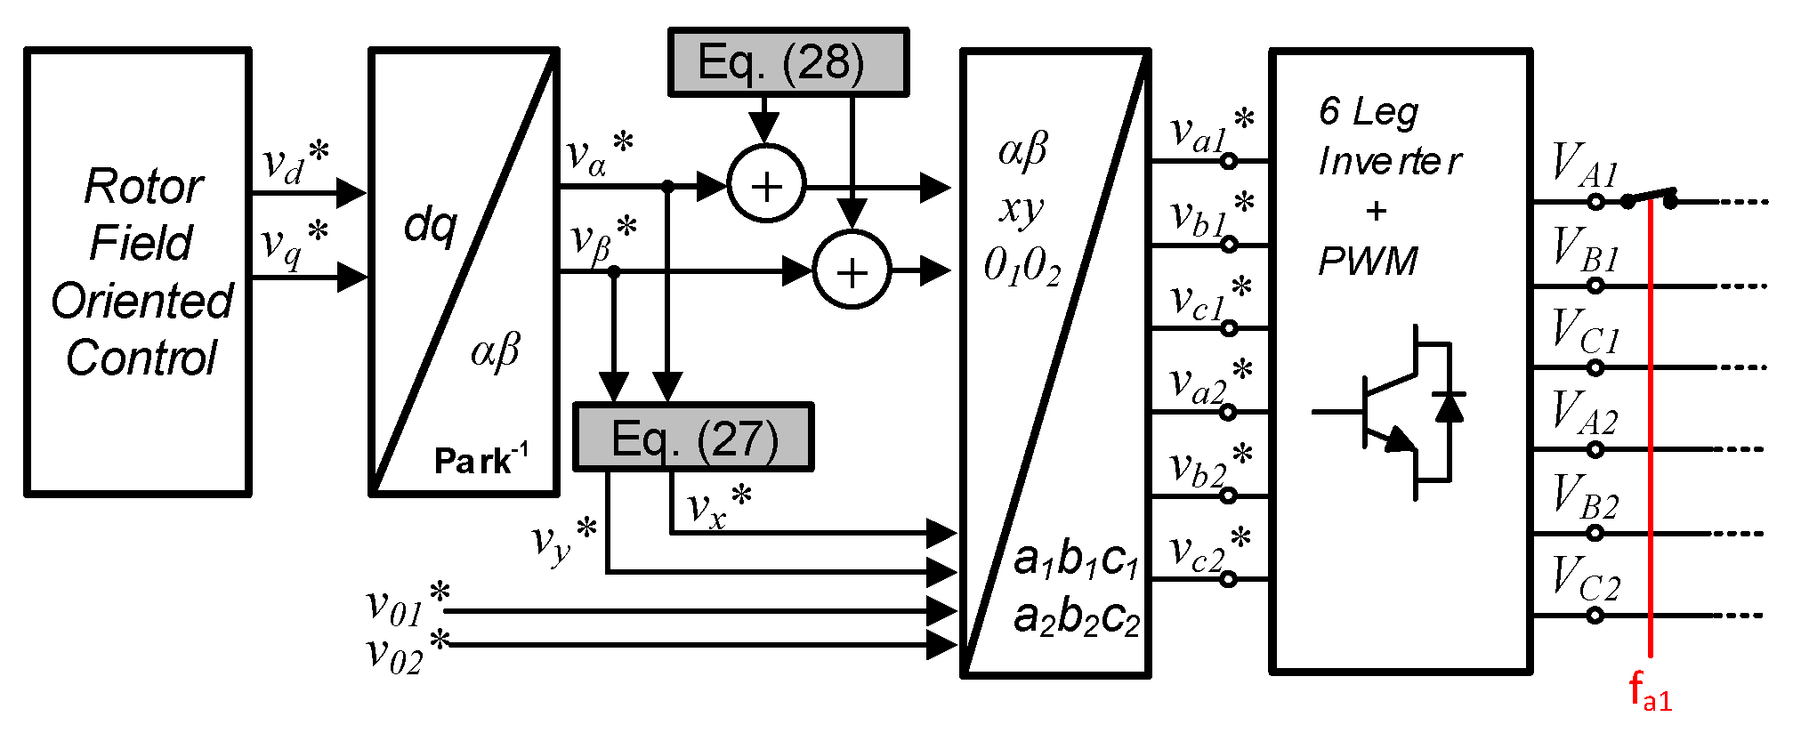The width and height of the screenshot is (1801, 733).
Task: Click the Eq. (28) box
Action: (787, 62)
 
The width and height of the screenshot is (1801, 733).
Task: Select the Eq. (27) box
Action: (693, 438)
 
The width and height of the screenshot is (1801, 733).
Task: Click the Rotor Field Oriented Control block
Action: (138, 271)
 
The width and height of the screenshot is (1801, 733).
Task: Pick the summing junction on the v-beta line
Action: (852, 270)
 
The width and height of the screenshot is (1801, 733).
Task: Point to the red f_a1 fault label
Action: (1649, 691)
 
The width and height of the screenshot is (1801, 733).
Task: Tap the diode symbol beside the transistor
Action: (1449, 407)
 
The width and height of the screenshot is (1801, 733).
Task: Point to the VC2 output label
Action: (1586, 578)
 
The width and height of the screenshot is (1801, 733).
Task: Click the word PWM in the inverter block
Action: (1368, 262)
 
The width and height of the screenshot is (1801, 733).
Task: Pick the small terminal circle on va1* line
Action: (1228, 161)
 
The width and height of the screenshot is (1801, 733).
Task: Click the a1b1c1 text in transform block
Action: (1076, 560)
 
